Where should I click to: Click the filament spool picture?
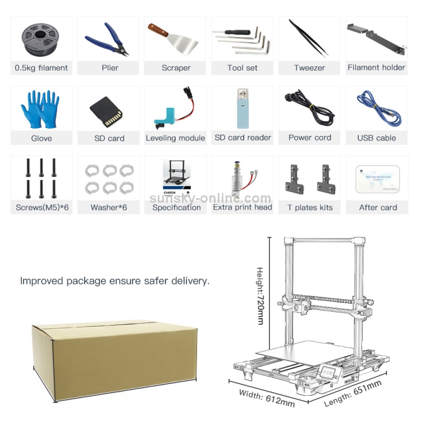coord(40,39)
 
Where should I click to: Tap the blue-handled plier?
coord(107,40)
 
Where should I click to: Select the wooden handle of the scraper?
coord(158,30)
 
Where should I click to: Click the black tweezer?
coord(309,38)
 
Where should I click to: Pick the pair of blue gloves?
coord(40,109)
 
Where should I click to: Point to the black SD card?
coord(106,112)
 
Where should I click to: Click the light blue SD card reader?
coord(242,108)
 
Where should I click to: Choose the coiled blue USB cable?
coord(379,108)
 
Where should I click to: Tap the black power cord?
coord(309,108)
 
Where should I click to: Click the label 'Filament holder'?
coord(376,67)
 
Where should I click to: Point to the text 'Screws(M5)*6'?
coord(42,208)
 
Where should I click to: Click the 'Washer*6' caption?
coord(109,208)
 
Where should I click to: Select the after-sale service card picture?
coord(378,179)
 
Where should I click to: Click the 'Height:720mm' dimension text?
coord(260,296)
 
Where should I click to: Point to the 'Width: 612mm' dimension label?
coord(267,399)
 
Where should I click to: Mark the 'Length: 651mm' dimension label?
coord(353,393)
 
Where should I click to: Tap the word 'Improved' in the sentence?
coord(42,281)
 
